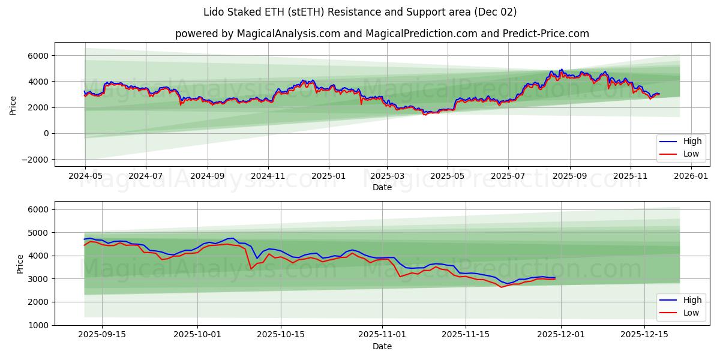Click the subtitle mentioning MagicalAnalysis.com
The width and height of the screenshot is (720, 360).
pos(382,34)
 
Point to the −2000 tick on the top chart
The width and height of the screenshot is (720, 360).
pos(35,160)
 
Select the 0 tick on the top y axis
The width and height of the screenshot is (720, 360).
pos(46,134)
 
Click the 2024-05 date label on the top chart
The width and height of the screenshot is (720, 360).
pos(85,177)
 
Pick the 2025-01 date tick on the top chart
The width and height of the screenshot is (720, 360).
pos(329,177)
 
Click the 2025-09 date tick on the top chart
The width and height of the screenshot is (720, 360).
pos(569,177)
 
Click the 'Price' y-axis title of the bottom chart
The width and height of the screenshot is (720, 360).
pos(20,263)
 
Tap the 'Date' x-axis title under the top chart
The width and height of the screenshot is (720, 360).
pos(382,188)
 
